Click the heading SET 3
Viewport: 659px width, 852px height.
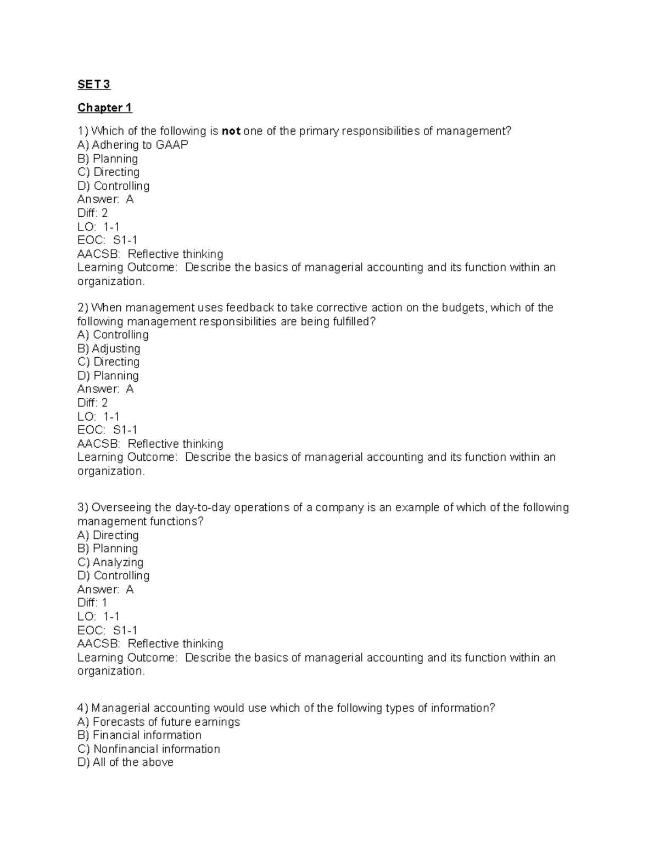tap(93, 84)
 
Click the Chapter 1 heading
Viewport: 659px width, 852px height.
tap(104, 108)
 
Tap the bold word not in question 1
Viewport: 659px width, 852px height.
tap(231, 131)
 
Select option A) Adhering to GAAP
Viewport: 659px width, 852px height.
tap(132, 145)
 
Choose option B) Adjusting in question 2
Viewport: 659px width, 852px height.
tap(109, 348)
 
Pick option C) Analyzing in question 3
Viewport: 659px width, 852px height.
tap(110, 562)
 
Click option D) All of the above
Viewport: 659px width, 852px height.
tap(125, 762)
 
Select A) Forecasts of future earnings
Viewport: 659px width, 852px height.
tap(159, 721)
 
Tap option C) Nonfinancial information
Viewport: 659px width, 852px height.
tap(148, 749)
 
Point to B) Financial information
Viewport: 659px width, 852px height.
tap(139, 735)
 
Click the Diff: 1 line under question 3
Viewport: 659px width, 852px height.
tap(92, 602)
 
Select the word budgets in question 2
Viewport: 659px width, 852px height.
tap(465, 308)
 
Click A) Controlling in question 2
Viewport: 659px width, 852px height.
tap(113, 335)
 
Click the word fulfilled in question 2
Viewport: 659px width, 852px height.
tap(353, 321)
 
